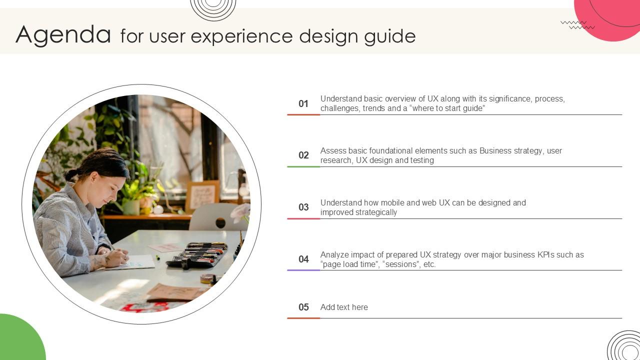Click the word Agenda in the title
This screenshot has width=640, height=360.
pos(63,35)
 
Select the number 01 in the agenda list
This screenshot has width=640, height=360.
pos(303,103)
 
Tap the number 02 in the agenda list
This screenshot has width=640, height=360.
pos(303,155)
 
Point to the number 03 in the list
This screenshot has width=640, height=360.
pos(303,207)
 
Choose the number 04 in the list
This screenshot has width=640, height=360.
pos(303,259)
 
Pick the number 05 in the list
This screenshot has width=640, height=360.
pos(303,307)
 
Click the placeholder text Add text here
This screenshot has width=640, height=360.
pos(344,307)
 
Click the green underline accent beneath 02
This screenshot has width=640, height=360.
pos(303,166)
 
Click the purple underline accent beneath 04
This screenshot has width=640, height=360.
pos(303,270)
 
